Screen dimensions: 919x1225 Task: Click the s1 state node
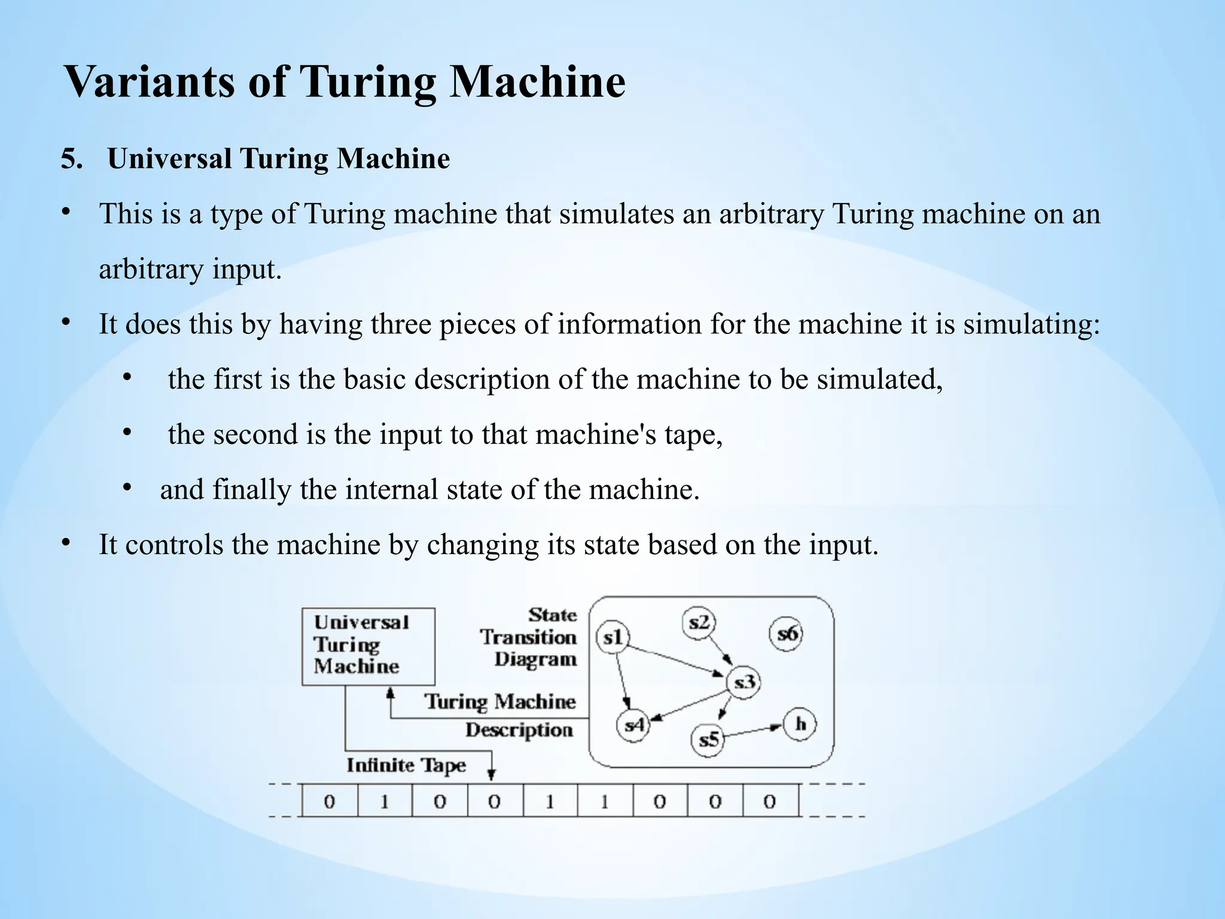(x=612, y=637)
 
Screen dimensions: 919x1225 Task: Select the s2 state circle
(x=699, y=623)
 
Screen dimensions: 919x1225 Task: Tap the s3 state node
(x=743, y=681)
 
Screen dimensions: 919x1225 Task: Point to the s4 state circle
(x=633, y=725)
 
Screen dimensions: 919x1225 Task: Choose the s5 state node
(x=708, y=740)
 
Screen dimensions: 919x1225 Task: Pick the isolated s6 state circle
(x=786, y=633)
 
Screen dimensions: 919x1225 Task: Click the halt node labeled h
(x=800, y=724)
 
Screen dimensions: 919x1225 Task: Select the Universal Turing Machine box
(x=368, y=646)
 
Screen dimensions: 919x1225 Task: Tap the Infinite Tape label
(x=406, y=765)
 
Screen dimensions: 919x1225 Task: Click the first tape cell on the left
(x=330, y=801)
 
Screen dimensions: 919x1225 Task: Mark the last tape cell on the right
(x=770, y=801)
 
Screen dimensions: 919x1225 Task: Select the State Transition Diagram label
(x=529, y=637)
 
